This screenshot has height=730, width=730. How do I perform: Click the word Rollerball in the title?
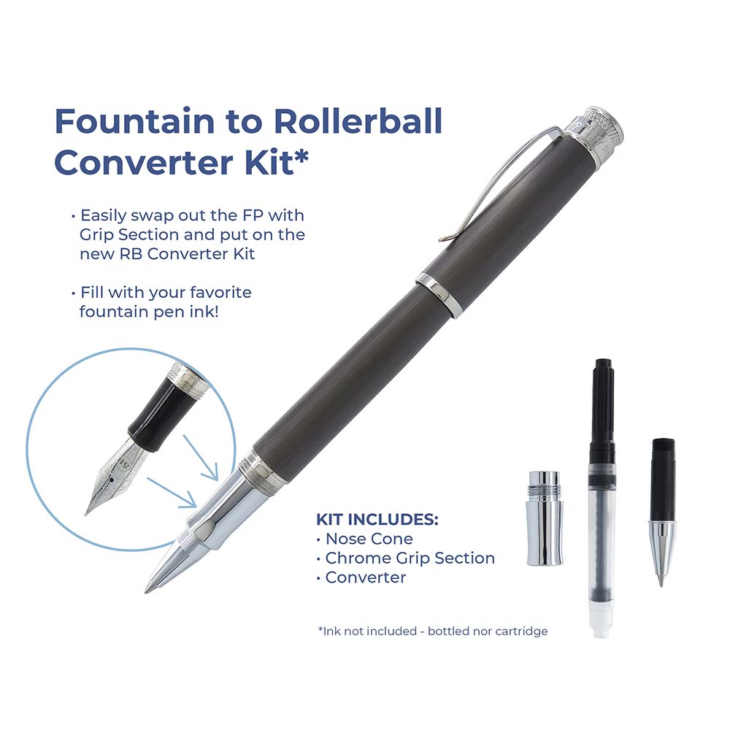[358, 121]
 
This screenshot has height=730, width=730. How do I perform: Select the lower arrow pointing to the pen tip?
[172, 493]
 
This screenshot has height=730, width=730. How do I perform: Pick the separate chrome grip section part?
[545, 518]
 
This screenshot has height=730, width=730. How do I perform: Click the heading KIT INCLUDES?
[377, 519]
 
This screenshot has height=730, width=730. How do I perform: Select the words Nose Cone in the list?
[369, 539]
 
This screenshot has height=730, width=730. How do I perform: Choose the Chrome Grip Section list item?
[410, 558]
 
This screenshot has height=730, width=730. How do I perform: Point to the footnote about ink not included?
[433, 631]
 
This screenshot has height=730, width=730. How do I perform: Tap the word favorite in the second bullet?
[221, 293]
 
